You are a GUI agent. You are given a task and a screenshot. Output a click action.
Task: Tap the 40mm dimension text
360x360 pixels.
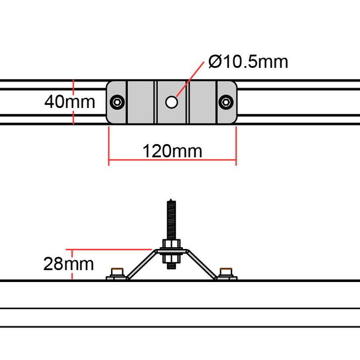pyautogui.click(x=69, y=101)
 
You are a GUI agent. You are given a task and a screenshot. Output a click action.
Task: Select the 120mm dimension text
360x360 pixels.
pyautogui.click(x=172, y=150)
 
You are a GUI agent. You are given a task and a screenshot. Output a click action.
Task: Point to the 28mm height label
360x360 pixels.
pyautogui.click(x=68, y=263)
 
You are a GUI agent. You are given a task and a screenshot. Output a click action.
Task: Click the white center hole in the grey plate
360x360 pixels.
pyautogui.click(x=172, y=102)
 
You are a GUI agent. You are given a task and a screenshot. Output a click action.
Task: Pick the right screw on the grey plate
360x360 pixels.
pyautogui.click(x=226, y=102)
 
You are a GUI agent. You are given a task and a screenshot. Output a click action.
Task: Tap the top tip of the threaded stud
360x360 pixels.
pyautogui.click(x=172, y=200)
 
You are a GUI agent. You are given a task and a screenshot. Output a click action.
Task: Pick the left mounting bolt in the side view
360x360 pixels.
pyautogui.click(x=118, y=273)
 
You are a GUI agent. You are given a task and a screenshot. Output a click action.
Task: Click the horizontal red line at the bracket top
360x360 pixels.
pyautogui.click(x=114, y=248)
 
